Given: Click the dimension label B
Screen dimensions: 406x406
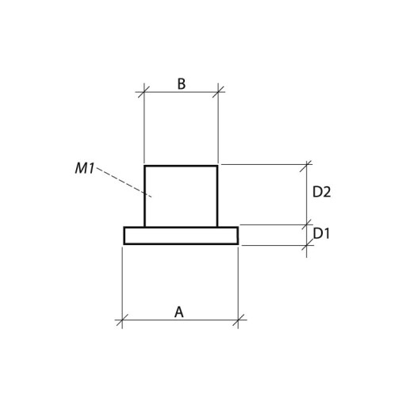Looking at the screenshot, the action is [x=182, y=84].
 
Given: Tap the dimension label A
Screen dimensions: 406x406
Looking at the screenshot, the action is [x=179, y=312].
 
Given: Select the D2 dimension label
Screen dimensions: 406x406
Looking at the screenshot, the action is [x=321, y=192].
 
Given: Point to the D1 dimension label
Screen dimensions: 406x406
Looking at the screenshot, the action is [x=321, y=233].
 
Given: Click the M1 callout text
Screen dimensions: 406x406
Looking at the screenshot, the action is [x=85, y=168].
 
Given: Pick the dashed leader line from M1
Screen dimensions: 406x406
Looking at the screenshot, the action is [x=124, y=182].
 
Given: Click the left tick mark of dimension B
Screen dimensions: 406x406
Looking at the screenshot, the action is [x=144, y=92].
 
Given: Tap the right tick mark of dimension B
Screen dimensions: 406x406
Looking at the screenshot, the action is [x=218, y=92].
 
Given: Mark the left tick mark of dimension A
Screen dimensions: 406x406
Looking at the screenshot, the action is [x=122, y=320].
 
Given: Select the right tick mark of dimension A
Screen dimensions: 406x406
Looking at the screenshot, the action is [x=238, y=320].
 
